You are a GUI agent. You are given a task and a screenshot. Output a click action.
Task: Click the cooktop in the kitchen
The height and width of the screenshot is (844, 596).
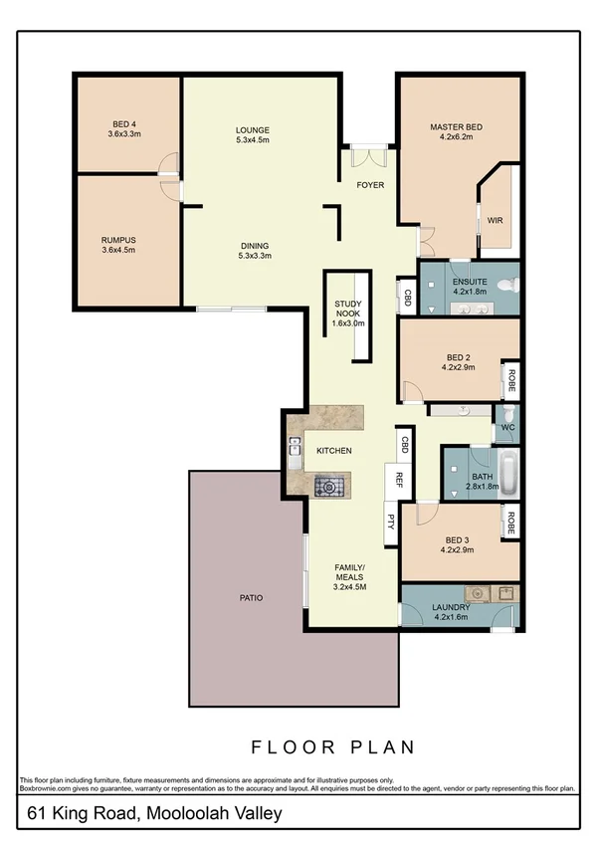point(327,487)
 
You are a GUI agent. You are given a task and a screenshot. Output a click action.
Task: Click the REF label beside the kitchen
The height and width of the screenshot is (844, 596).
point(398,479)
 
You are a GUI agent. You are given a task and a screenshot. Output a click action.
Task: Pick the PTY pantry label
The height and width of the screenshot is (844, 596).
point(390,518)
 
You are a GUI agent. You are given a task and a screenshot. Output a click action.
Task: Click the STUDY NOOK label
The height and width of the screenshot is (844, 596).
point(348,313)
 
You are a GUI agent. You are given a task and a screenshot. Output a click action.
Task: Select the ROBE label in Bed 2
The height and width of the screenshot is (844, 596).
point(510,378)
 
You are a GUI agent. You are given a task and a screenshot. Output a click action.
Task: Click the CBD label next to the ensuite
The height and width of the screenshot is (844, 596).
point(407,297)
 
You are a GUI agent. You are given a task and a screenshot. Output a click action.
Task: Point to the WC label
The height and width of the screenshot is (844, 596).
point(506,428)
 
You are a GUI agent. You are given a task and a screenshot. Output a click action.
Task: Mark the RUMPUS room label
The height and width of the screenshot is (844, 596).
point(117,240)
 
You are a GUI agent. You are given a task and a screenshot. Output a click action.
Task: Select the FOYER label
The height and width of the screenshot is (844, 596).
point(370,185)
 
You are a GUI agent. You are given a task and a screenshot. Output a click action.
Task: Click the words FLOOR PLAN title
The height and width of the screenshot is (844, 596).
point(332,746)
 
